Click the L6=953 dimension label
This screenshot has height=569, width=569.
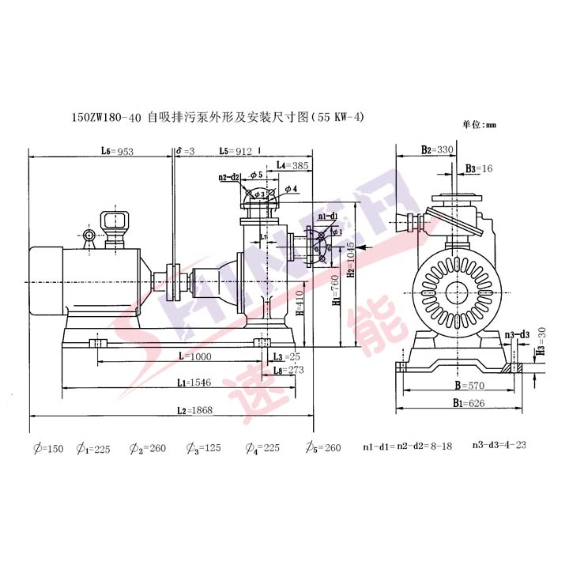[x=115, y=151]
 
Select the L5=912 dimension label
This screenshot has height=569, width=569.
[x=235, y=151]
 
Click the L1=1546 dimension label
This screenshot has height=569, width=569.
[x=191, y=383]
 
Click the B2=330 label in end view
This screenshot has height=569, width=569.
[x=437, y=149]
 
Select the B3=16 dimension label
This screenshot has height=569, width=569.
[x=479, y=168]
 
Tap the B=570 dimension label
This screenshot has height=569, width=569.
[x=456, y=388]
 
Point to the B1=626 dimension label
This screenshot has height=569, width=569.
[x=456, y=403]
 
